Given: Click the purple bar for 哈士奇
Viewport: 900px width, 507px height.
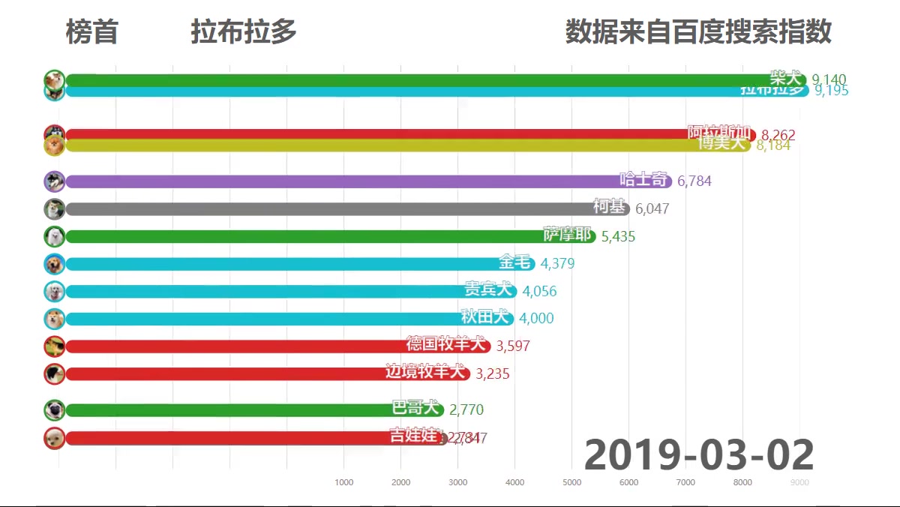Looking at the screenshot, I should [x=337, y=181].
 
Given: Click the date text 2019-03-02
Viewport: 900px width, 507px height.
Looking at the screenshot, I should [x=698, y=454].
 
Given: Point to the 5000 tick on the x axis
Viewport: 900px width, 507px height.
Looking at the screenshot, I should [x=571, y=482].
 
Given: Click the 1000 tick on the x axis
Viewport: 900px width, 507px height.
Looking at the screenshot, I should [x=343, y=482].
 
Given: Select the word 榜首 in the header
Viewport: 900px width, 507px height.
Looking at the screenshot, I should [x=91, y=32].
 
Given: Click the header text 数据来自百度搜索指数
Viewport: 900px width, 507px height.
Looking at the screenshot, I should [x=698, y=32].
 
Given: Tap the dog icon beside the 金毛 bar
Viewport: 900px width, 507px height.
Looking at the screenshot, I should [x=54, y=264].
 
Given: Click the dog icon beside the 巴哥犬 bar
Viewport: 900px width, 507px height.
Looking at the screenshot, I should [x=54, y=410].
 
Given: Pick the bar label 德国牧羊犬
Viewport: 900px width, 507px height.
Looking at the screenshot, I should [x=445, y=344].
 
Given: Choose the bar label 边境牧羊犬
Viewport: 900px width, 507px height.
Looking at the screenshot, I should [x=424, y=371].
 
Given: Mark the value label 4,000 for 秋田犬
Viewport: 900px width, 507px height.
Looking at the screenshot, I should [x=536, y=319].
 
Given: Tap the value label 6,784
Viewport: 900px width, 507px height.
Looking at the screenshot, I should [x=694, y=181].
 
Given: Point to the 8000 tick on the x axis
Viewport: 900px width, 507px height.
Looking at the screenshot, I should [x=742, y=482].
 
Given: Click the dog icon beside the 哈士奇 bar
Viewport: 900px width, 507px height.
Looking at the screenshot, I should [x=54, y=181].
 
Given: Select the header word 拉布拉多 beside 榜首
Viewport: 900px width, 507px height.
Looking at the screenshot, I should [x=244, y=32].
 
